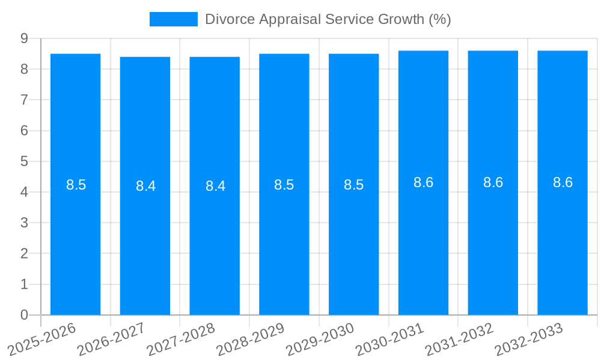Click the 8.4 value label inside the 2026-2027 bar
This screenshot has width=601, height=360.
(x=145, y=186)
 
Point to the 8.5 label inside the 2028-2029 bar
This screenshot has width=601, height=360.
(x=284, y=185)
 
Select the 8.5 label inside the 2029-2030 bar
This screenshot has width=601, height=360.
(x=354, y=185)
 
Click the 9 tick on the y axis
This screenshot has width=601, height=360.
(x=24, y=38)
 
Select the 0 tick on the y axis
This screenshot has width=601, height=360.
(x=24, y=315)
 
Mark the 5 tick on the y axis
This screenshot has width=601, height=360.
(x=24, y=161)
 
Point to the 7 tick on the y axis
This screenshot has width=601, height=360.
(x=24, y=100)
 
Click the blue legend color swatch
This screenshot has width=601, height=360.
(x=173, y=19)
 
